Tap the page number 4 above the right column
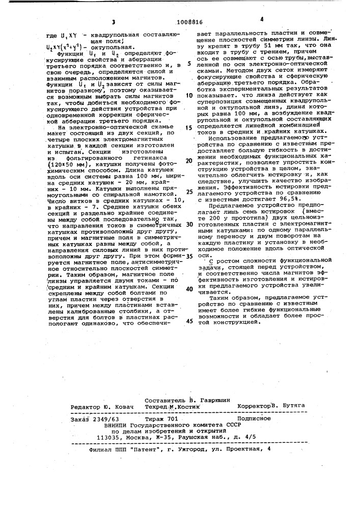261,20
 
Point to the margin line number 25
189,192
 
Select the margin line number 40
189,288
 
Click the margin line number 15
189,127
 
